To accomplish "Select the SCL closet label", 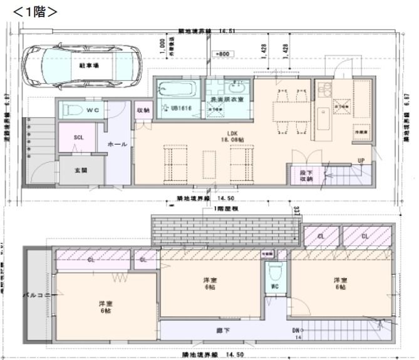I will tap(78, 138).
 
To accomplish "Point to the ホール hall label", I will tap(117, 144).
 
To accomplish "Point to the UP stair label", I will tap(361, 160).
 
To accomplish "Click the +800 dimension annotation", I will tap(222, 54).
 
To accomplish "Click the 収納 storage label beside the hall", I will tap(143, 110).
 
